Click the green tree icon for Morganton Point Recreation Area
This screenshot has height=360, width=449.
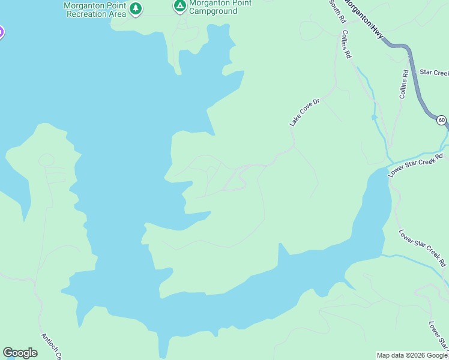point(136,8)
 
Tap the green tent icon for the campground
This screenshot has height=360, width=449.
point(179,7)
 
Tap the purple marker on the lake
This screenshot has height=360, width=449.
point(1,32)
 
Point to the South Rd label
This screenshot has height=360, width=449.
point(337,11)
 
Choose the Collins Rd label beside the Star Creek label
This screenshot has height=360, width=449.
point(404,85)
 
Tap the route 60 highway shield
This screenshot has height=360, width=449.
point(441,120)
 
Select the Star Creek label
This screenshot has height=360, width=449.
point(434,73)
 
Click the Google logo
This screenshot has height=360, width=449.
point(20,353)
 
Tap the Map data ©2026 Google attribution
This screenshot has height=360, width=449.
point(412,355)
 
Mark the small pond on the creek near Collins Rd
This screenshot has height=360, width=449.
point(374,116)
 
